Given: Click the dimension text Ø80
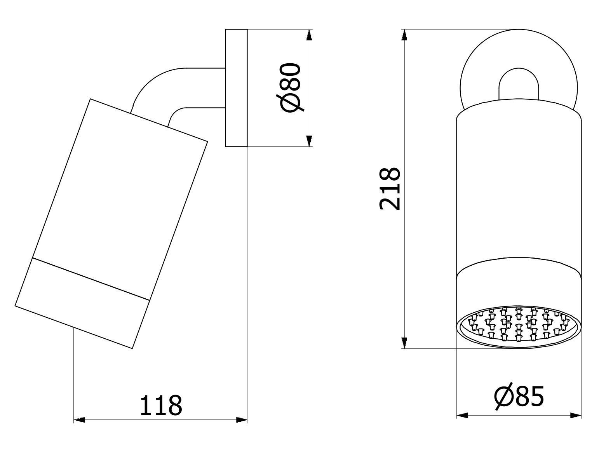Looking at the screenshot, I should point(291,88).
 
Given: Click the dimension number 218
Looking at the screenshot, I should point(390,189).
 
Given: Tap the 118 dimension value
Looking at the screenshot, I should point(160,406).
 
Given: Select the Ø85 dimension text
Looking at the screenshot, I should point(519,397).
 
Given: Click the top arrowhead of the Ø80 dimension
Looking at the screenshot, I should point(309,35).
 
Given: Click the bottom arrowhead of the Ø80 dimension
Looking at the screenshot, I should point(309,141).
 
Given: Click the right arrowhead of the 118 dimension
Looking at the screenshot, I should point(242,420).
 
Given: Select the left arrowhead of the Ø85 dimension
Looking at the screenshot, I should point(462,416).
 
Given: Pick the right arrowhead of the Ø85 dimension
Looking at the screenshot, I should point(576,416).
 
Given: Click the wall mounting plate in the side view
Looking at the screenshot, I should point(236,88).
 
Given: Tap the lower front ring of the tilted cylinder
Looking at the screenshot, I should point(82,303).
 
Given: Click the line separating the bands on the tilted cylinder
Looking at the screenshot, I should point(91,279).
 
